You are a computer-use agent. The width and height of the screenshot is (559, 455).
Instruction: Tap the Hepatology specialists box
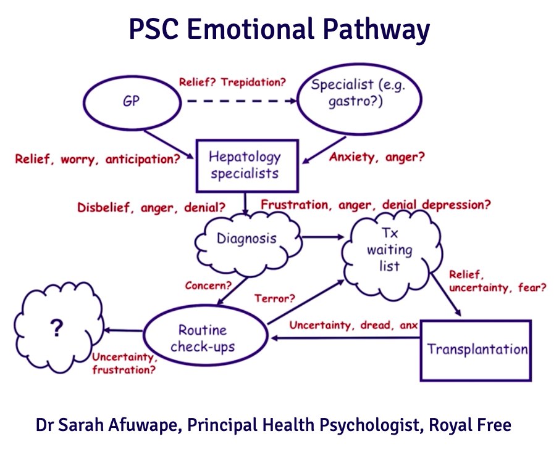245,165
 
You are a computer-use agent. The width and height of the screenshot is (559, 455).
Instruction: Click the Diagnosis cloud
247,238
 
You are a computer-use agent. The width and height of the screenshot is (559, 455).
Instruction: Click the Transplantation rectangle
476,350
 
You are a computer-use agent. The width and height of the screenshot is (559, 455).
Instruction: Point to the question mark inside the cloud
57,330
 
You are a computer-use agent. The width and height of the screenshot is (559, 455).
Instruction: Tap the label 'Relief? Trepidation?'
232,82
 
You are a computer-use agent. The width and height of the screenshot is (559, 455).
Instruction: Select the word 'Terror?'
274,298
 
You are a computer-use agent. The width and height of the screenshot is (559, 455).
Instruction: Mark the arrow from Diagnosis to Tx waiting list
321,236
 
